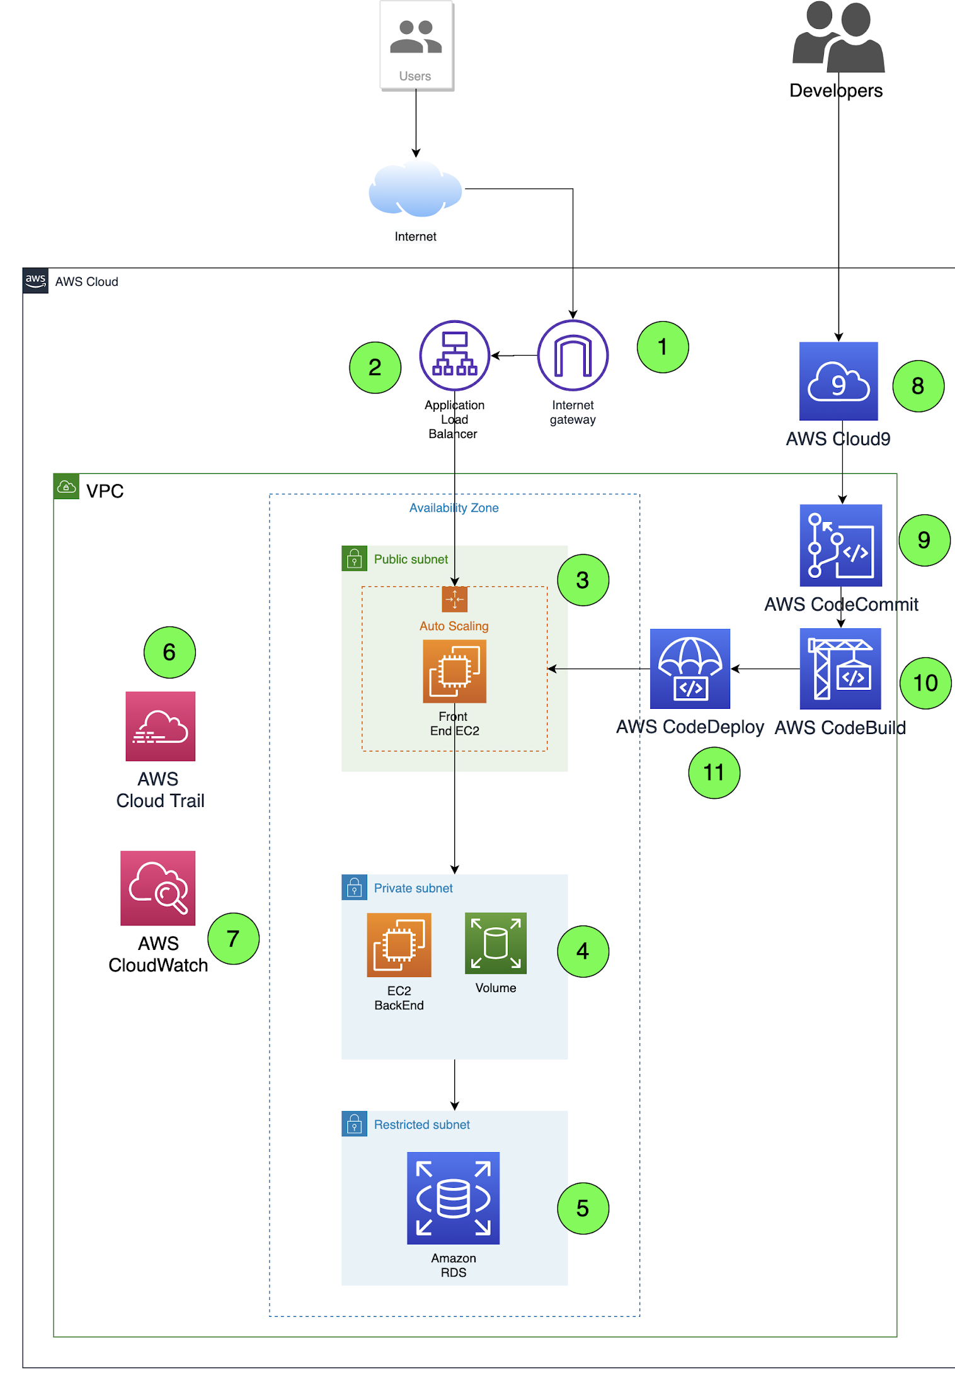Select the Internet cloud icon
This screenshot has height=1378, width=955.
point(415,189)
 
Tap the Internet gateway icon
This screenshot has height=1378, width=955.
point(572,356)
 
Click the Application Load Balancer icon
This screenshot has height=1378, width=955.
point(454,356)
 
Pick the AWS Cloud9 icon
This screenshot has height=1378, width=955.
point(838,381)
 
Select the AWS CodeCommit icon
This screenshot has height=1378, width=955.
point(840,545)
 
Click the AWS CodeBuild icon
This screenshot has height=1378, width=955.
point(840,669)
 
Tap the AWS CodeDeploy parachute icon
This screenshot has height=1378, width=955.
point(690,669)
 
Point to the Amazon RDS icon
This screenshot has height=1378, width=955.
point(453,1198)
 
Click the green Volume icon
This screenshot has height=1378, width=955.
point(495,943)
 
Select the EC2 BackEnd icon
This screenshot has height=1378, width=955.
point(399,944)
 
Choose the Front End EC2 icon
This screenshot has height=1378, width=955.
point(454,671)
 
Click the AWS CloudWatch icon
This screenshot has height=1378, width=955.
point(157,888)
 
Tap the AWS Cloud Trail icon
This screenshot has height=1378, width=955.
point(160,726)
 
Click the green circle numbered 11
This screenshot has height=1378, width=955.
point(714,772)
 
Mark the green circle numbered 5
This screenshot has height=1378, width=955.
point(583,1208)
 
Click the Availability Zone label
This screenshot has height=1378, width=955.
point(454,508)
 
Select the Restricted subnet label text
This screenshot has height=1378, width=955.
point(421,1124)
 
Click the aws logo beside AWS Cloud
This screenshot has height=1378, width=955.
point(35,281)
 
